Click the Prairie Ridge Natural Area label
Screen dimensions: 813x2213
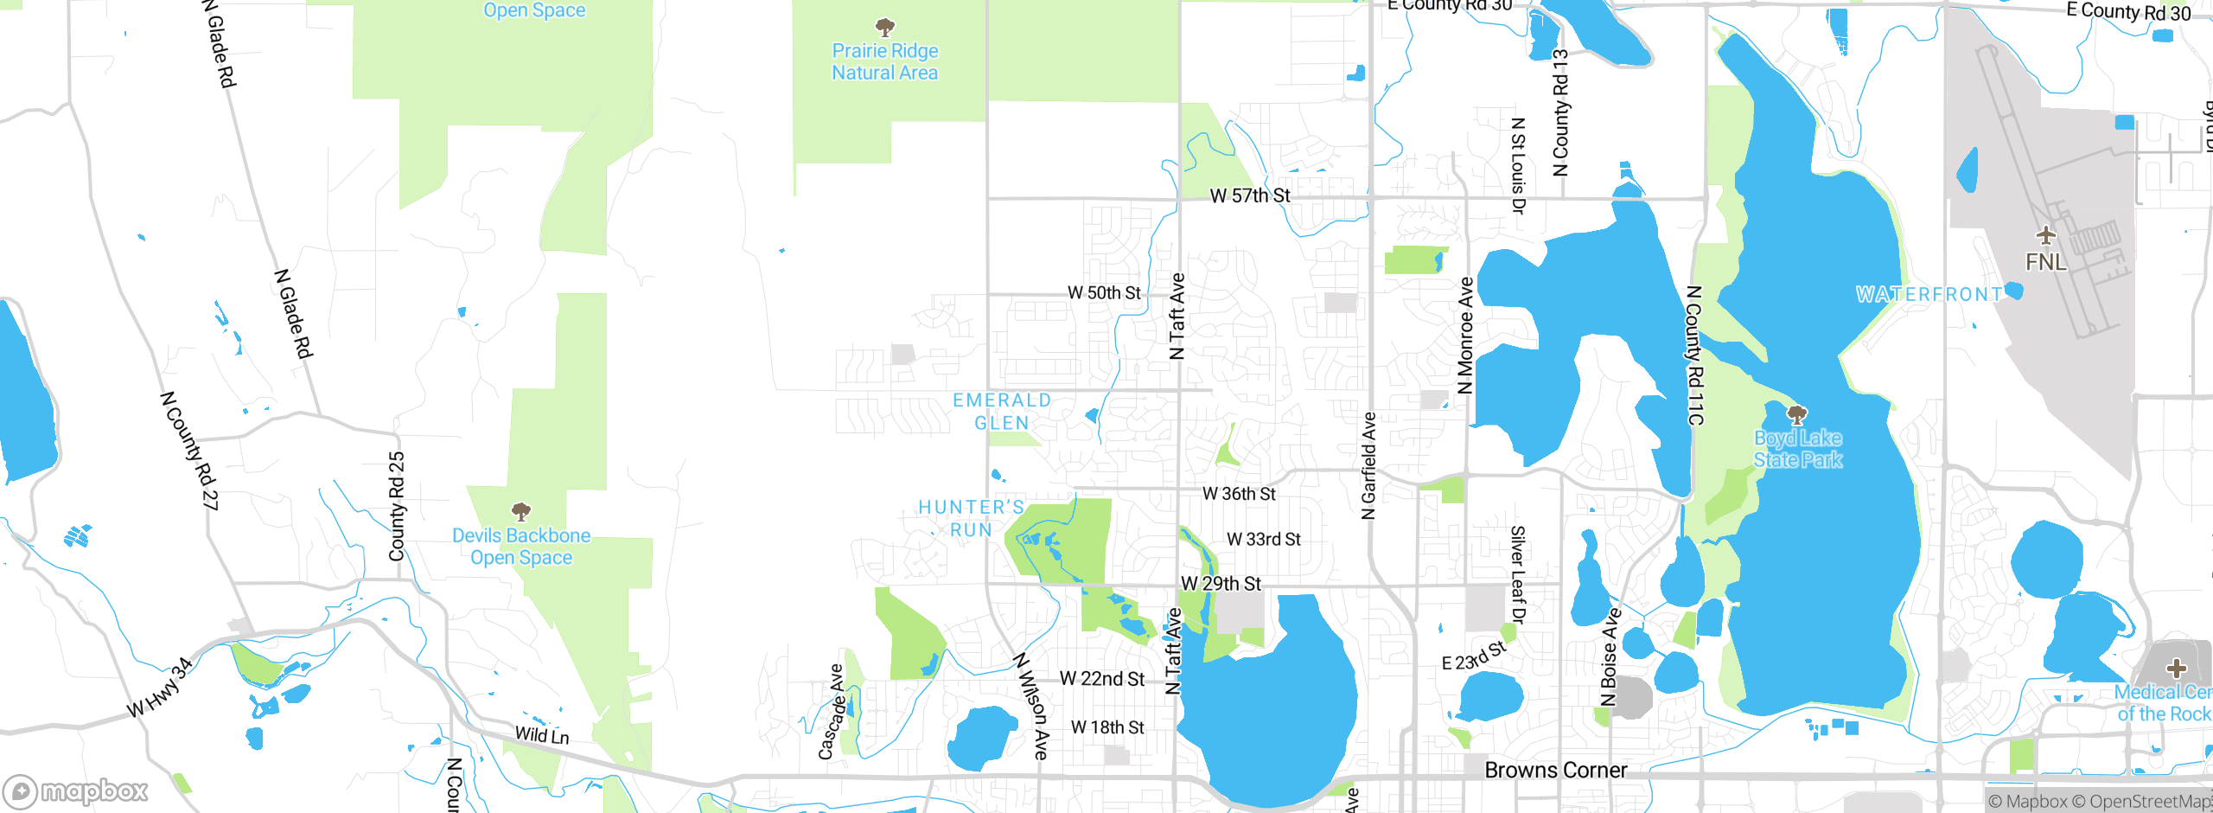click(x=884, y=61)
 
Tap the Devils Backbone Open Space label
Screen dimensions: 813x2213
click(x=521, y=547)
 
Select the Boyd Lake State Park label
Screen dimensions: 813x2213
click(x=1798, y=449)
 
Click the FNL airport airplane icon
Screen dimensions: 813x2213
click(x=2045, y=235)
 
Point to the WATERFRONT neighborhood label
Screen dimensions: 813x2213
click(x=1929, y=295)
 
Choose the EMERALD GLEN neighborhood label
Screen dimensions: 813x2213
click(x=1002, y=412)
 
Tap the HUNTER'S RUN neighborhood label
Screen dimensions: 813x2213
click(x=971, y=518)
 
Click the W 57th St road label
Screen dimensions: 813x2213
click(x=1250, y=196)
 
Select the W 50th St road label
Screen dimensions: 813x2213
click(x=1104, y=293)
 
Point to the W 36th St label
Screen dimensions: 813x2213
click(x=1239, y=494)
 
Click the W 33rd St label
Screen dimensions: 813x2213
click(x=1263, y=540)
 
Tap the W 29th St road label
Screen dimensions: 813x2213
click(x=1221, y=584)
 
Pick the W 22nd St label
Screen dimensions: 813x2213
click(x=1101, y=679)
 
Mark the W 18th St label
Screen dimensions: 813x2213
click(x=1106, y=727)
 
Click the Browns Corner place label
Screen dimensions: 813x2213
click(x=1555, y=770)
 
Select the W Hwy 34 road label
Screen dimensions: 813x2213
click(x=160, y=688)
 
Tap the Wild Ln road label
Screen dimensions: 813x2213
click(x=542, y=735)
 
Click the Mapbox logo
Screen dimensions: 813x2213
click(x=76, y=791)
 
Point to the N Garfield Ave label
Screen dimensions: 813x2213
click(x=1368, y=466)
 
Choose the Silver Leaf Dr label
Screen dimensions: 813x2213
click(x=1517, y=574)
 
